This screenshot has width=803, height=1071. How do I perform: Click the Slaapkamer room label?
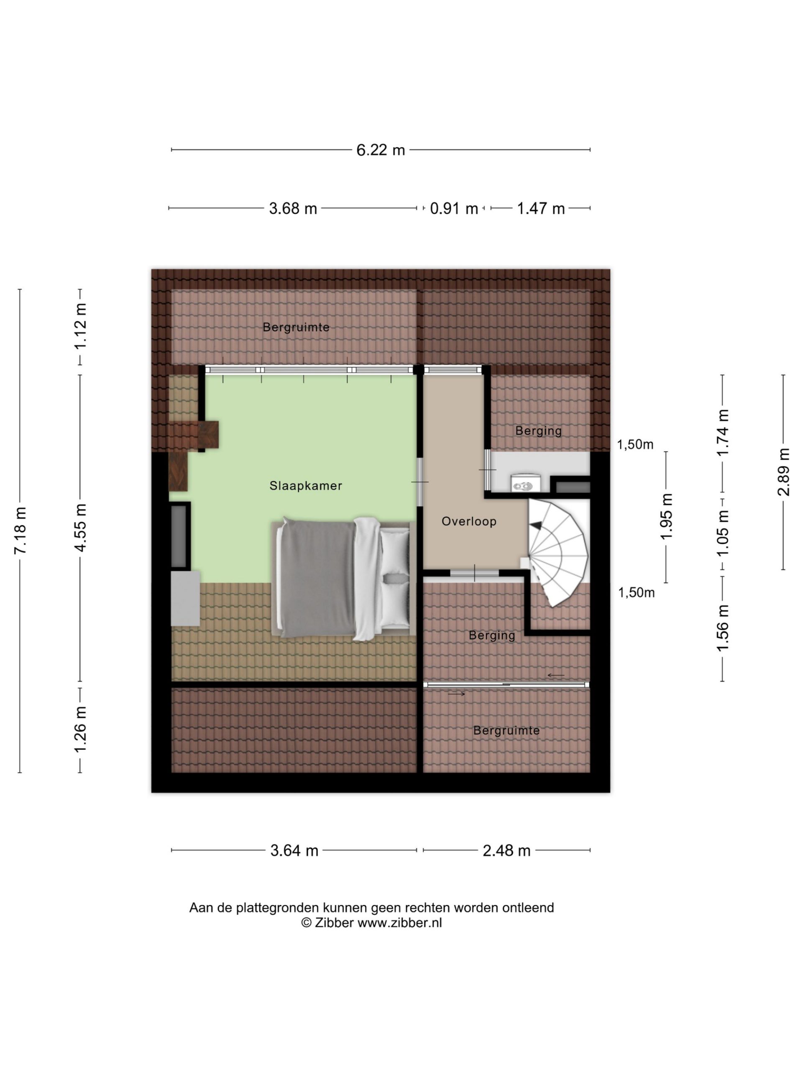click(305, 486)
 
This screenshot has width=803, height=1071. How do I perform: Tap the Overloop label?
click(468, 521)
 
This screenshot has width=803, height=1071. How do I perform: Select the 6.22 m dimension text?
click(381, 150)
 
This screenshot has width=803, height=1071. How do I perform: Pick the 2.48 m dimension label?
click(506, 851)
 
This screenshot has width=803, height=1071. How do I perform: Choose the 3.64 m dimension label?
click(294, 851)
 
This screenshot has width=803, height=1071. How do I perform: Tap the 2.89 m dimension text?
click(783, 472)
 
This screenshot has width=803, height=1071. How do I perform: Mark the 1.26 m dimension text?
click(80, 730)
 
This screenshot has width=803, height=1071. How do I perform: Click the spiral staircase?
click(558, 552)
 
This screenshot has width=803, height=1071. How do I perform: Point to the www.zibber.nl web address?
click(399, 923)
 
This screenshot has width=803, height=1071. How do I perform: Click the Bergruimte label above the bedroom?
click(296, 327)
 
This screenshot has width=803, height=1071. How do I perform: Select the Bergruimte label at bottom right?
click(506, 730)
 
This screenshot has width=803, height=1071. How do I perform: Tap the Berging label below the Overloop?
click(492, 636)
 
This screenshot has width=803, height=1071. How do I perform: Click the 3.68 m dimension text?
click(293, 209)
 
